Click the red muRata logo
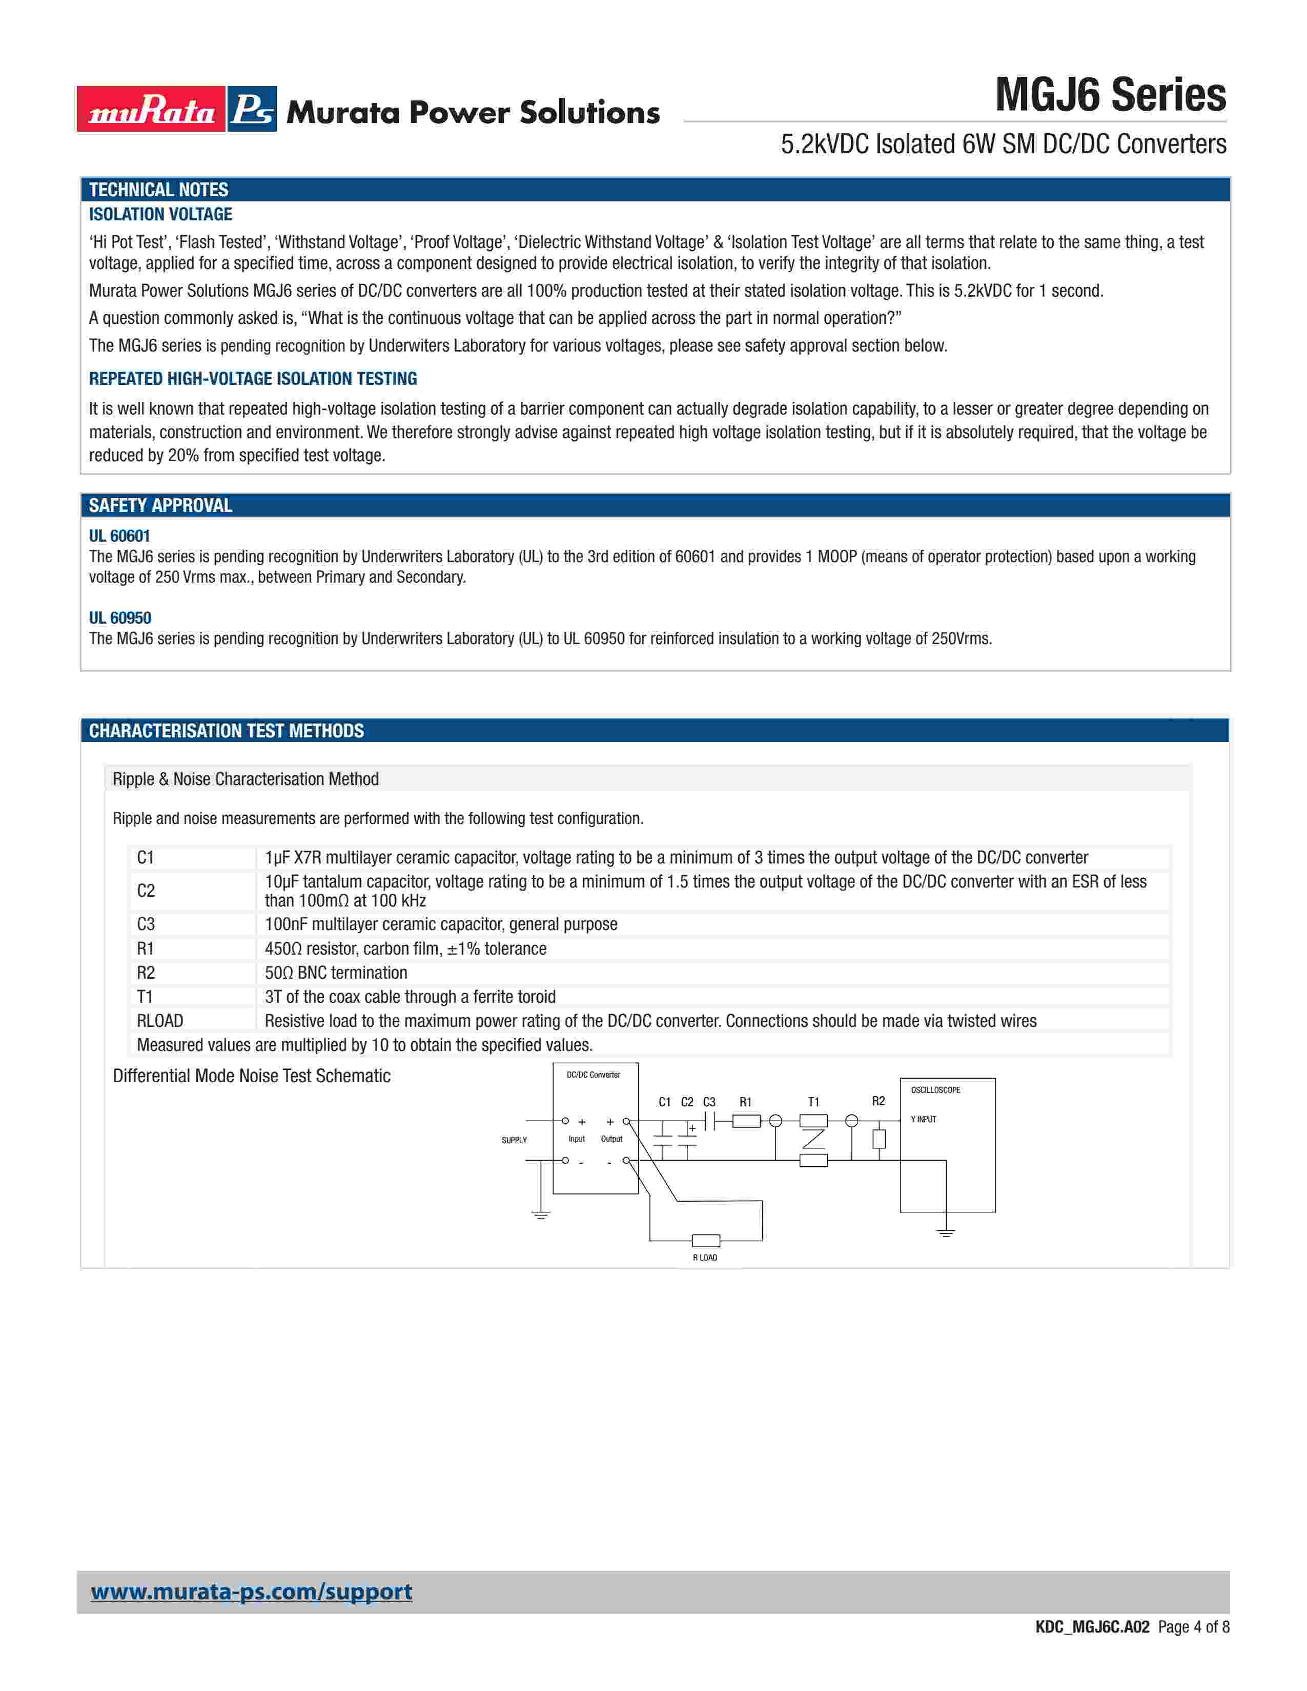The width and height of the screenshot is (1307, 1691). pos(151,109)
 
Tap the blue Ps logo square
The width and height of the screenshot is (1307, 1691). pos(252,109)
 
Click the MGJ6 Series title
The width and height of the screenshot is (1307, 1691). pos(1110,95)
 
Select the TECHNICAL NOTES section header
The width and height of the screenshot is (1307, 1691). pos(159,190)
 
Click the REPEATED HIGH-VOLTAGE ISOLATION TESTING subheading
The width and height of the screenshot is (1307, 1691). pos(252,379)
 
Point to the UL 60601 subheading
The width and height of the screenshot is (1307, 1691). pos(119,536)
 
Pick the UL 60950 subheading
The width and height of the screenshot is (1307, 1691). pos(120,618)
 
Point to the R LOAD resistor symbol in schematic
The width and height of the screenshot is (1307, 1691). pos(705,1241)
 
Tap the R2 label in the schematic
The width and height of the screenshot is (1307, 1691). pos(878,1101)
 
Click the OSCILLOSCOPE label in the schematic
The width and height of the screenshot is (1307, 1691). pos(935,1090)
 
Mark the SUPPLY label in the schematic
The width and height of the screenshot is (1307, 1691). pos(514,1141)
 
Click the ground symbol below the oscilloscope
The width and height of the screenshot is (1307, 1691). pos(946,1232)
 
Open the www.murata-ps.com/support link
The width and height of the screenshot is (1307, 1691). pos(252,1592)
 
